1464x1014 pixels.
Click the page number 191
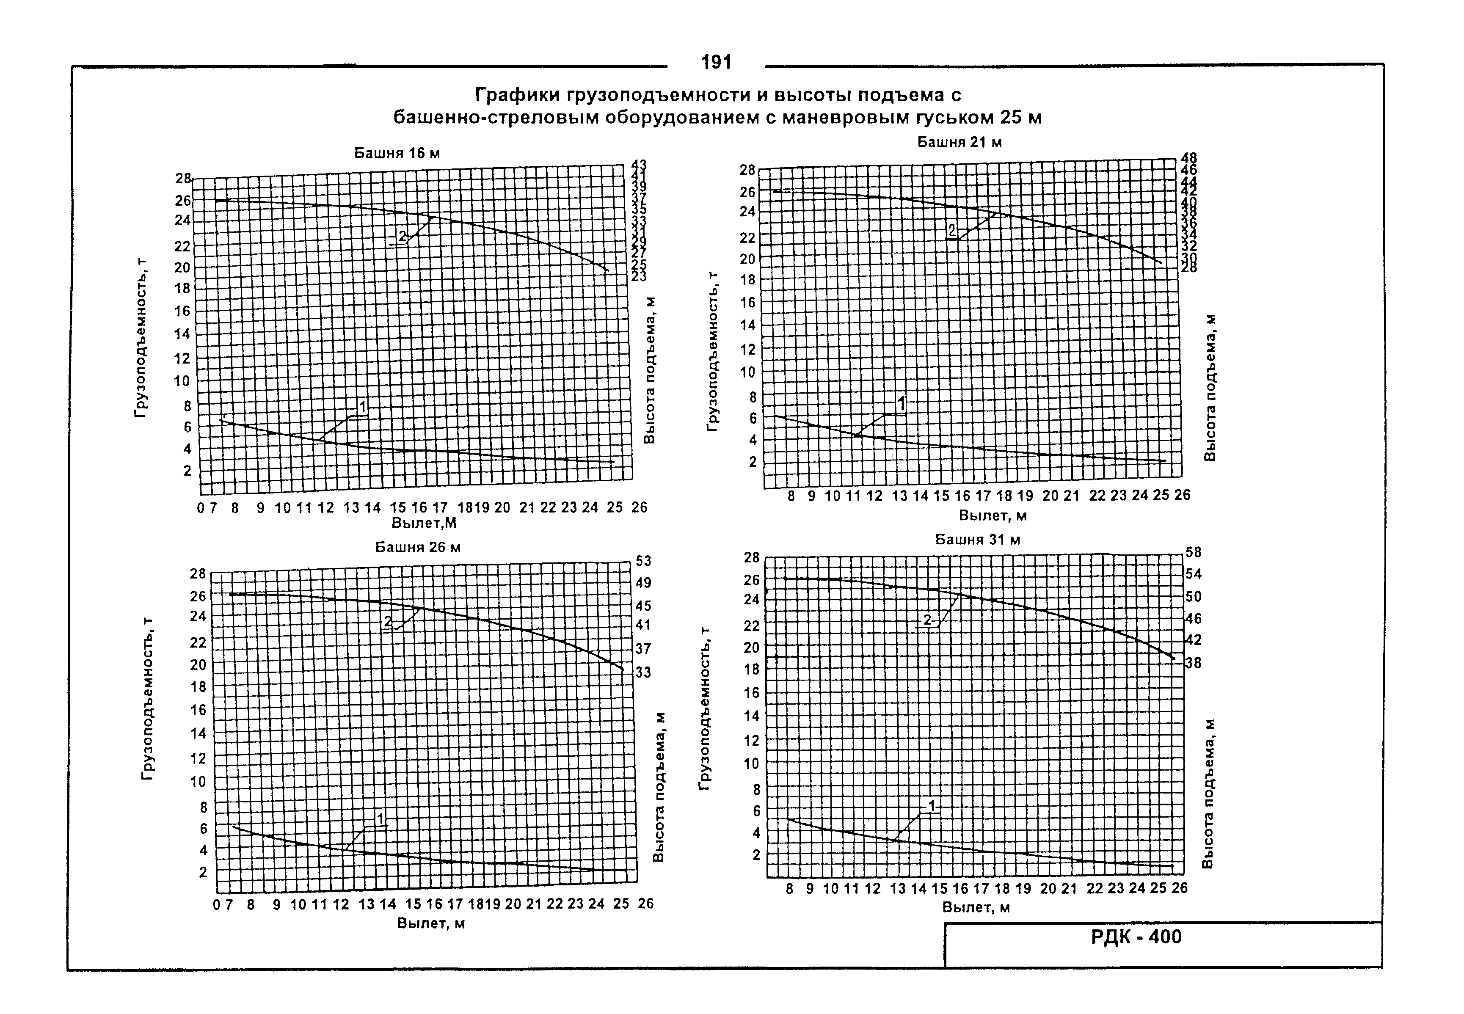[x=716, y=62]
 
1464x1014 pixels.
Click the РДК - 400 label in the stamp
[x=1136, y=937]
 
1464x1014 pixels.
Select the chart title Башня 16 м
[x=397, y=153]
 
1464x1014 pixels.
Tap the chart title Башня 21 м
[x=959, y=142]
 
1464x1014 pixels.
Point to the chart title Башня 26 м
[x=417, y=547]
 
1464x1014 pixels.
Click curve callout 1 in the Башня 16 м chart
[x=362, y=407]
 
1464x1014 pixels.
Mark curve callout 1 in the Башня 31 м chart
[x=932, y=806]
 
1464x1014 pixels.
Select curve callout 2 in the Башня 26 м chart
[x=388, y=621]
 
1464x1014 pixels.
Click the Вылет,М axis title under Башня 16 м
[x=424, y=523]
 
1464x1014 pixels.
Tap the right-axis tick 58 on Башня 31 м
[x=1193, y=553]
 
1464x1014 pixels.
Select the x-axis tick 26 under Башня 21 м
[x=1182, y=495]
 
